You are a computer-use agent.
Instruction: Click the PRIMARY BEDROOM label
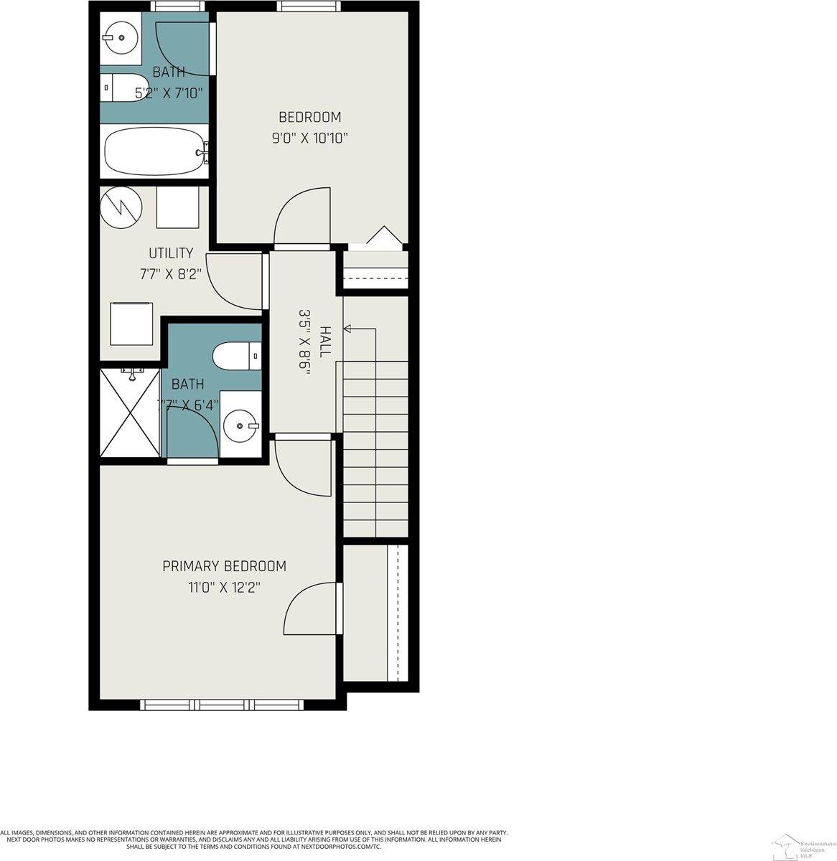pos(224,566)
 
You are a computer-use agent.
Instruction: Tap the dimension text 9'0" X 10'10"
pos(309,138)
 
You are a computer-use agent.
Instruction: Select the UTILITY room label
pos(171,253)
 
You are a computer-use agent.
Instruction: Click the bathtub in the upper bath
pos(154,151)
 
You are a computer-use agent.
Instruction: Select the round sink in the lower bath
pos(239,426)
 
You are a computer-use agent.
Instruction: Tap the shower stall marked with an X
pos(130,412)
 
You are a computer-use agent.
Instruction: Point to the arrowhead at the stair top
pos(348,329)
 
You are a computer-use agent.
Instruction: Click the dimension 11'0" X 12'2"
pos(224,588)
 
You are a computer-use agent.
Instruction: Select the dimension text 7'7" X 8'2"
pos(171,273)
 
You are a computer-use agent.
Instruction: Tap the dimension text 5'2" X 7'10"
pos(169,93)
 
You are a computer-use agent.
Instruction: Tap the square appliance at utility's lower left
pos(131,324)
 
